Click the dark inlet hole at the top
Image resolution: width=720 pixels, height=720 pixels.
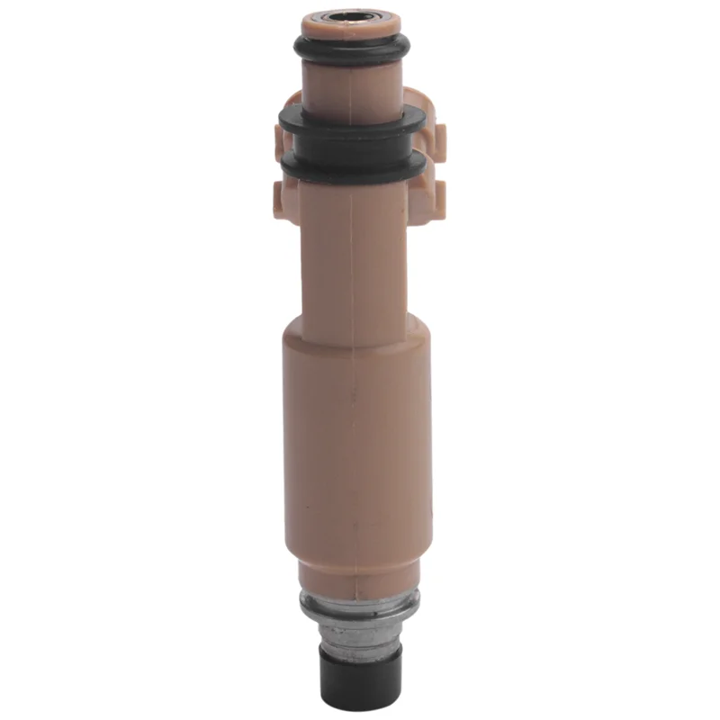click(x=351, y=16)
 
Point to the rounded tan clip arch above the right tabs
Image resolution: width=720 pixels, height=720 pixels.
click(x=418, y=98)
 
